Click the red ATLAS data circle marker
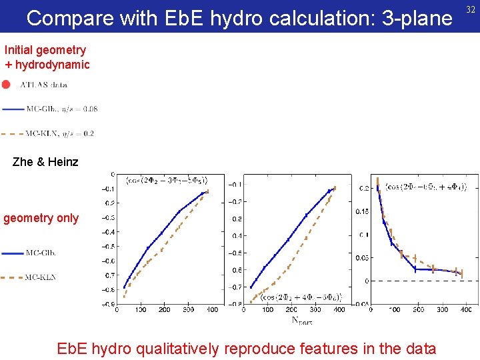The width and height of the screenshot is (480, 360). click(x=6, y=85)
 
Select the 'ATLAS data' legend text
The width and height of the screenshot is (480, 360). click(x=43, y=85)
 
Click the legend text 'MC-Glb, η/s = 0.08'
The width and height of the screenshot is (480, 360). click(x=62, y=109)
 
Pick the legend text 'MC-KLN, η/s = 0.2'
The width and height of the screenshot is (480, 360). click(x=60, y=133)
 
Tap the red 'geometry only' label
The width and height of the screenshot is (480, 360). click(x=41, y=218)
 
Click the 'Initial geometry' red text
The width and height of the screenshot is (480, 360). click(x=45, y=50)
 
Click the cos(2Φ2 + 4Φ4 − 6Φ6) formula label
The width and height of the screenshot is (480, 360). click(x=297, y=297)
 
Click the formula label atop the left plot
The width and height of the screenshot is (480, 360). click(x=167, y=179)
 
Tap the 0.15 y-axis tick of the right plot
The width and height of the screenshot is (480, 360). click(x=361, y=212)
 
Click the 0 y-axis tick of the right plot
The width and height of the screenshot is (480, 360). click(x=366, y=281)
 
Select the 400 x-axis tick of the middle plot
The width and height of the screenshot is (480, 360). click(x=339, y=309)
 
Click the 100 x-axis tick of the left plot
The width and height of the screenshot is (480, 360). click(x=141, y=309)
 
